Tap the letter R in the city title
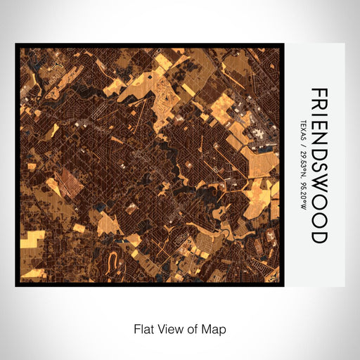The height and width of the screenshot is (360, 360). [x=319, y=108]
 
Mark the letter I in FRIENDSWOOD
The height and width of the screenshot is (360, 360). [x=319, y=118]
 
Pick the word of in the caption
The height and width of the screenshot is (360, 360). [x=193, y=328]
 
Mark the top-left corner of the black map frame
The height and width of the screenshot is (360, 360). [x=17, y=45]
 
